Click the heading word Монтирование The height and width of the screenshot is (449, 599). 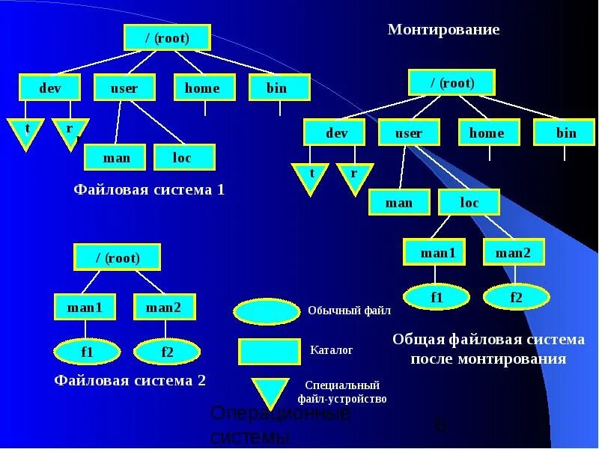[x=443, y=30]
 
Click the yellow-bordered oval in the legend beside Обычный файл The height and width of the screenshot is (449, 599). [x=267, y=311]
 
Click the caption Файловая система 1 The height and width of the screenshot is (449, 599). [x=149, y=190]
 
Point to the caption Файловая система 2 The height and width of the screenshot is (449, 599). [x=130, y=380]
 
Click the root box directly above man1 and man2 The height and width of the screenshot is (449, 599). [x=118, y=258]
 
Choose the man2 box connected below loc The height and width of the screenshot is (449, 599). [x=513, y=253]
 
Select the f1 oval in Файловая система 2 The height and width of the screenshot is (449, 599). [x=87, y=351]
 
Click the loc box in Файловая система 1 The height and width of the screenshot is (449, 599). [x=183, y=157]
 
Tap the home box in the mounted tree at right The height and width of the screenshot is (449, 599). [x=487, y=133]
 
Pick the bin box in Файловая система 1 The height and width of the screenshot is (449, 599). [x=277, y=88]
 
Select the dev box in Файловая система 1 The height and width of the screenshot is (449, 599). [x=49, y=88]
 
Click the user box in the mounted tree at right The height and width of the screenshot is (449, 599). [x=409, y=133]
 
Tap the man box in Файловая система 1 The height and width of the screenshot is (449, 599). [x=116, y=157]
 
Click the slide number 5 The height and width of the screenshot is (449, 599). [x=440, y=426]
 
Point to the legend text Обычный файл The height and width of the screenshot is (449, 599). [x=349, y=310]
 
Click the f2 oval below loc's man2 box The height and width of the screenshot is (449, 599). [x=516, y=298]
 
